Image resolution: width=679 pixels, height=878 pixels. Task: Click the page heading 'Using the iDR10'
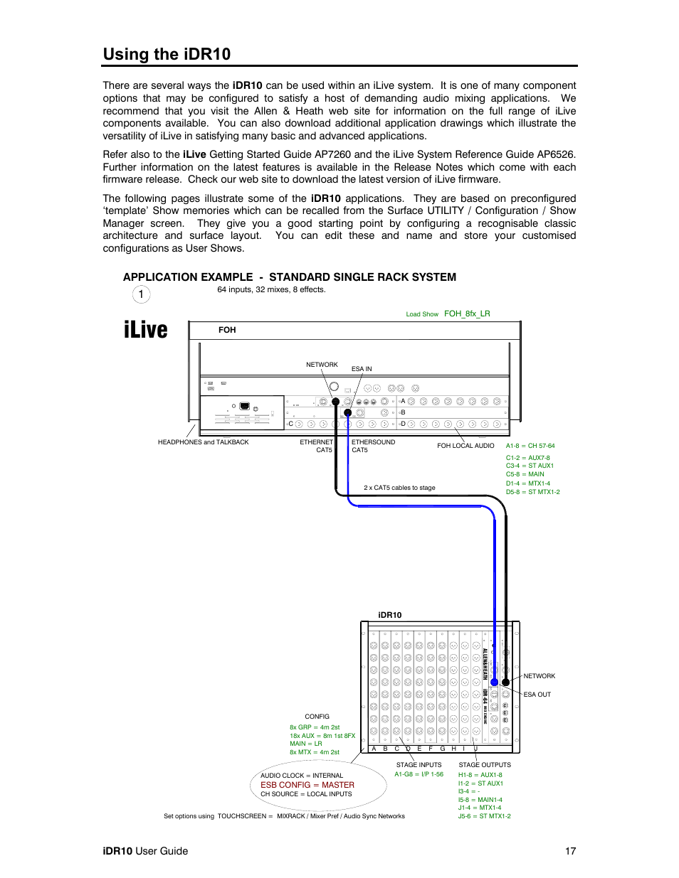click(167, 55)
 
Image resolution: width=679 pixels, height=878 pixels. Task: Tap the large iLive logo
click(146, 330)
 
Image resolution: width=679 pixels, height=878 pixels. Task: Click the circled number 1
click(141, 294)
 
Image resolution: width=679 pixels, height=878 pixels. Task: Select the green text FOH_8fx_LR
click(467, 314)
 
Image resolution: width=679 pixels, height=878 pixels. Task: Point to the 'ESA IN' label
click(362, 369)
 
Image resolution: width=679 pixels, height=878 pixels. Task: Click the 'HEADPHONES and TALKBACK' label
click(203, 442)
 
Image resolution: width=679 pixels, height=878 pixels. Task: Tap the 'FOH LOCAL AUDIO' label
click(465, 446)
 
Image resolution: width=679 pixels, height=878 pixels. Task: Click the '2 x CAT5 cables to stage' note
click(399, 488)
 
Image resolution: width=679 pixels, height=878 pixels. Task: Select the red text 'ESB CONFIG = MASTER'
click(307, 785)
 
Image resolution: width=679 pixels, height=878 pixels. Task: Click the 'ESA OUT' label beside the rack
click(537, 695)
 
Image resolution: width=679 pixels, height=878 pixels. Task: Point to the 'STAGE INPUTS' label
click(419, 765)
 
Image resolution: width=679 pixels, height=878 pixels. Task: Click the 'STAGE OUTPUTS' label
click(484, 765)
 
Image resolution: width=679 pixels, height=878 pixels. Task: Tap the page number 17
click(570, 851)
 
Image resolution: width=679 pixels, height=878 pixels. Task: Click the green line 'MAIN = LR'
click(305, 744)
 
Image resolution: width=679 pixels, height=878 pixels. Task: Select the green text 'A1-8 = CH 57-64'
click(530, 446)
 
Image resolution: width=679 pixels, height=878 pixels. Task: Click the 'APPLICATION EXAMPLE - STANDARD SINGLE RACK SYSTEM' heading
click(290, 277)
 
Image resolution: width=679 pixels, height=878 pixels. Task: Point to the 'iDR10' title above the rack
click(389, 615)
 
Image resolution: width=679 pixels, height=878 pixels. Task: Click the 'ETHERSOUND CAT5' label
click(372, 446)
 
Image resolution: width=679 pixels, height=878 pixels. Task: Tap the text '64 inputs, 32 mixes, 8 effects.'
click(271, 289)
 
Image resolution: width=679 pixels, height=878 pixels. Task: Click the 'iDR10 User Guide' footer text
click(145, 851)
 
